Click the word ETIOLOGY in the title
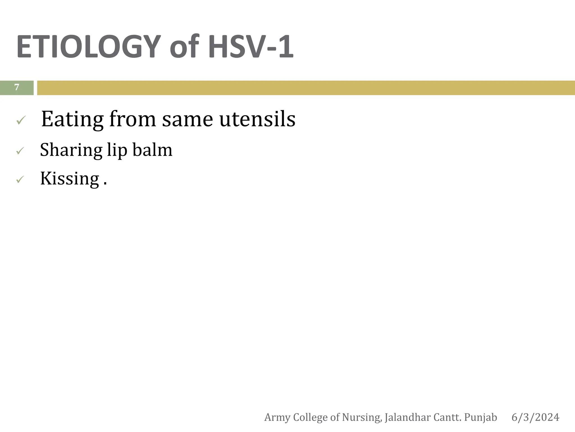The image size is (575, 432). click(x=89, y=46)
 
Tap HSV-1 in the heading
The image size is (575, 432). click(x=250, y=46)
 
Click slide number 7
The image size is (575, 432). click(x=17, y=87)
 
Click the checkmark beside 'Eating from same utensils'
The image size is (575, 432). click(x=21, y=120)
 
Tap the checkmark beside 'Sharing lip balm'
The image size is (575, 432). click(x=20, y=151)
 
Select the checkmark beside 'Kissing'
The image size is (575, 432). click(x=20, y=179)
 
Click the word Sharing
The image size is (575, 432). click(x=71, y=150)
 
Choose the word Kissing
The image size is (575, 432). click(x=70, y=178)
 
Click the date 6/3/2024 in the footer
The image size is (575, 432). click(x=535, y=417)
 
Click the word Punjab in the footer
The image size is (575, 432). click(x=480, y=417)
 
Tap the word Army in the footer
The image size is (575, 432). click(x=277, y=417)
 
